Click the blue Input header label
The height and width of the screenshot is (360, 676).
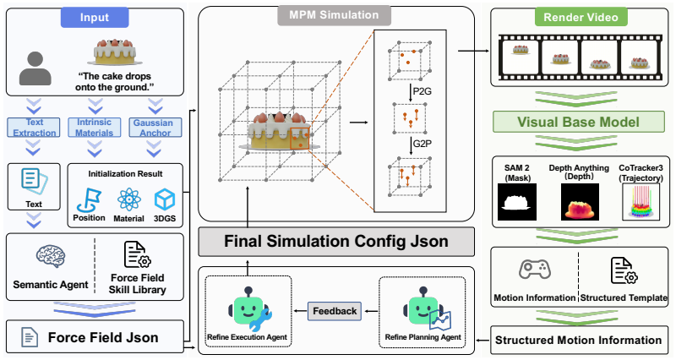[x=95, y=17]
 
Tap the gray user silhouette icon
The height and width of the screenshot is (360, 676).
[x=35, y=68]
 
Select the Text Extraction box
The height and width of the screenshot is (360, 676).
[x=34, y=128]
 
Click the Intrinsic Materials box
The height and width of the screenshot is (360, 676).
[x=94, y=128]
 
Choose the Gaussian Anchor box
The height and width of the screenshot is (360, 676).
[x=155, y=128]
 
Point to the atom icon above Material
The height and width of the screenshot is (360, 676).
[x=129, y=199]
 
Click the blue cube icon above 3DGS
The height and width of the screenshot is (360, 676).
[x=165, y=199]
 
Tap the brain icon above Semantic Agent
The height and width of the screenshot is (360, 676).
[x=51, y=257]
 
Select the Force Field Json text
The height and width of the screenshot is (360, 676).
[x=103, y=337]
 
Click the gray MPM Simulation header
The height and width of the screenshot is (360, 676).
[x=334, y=15]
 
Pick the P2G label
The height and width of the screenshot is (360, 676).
[x=422, y=91]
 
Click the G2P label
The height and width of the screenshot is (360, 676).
[x=422, y=144]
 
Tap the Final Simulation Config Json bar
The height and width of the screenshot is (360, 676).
[x=336, y=242]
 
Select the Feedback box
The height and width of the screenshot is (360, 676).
[x=335, y=311]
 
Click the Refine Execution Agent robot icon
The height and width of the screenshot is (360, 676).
[x=249, y=309]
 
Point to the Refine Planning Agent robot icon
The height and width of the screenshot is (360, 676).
[x=426, y=309]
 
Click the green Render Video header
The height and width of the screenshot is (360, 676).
[x=581, y=17]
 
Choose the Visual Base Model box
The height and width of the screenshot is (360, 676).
[x=579, y=122]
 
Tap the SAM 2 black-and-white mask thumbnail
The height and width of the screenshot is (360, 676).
[x=517, y=202]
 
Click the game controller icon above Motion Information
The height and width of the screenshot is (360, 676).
[x=535, y=269]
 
